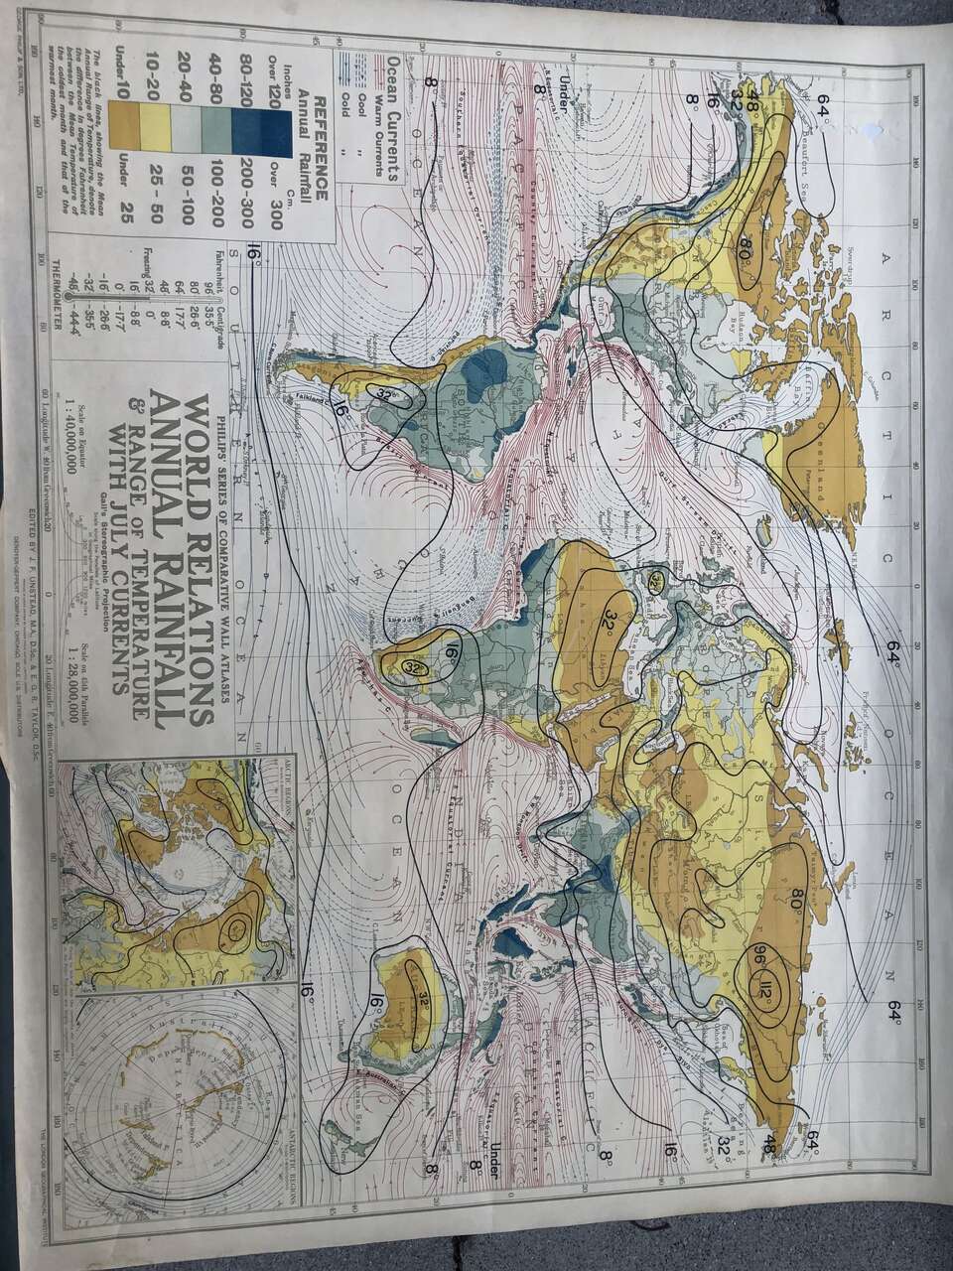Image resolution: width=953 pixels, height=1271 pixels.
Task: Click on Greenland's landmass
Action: [801, 437]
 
